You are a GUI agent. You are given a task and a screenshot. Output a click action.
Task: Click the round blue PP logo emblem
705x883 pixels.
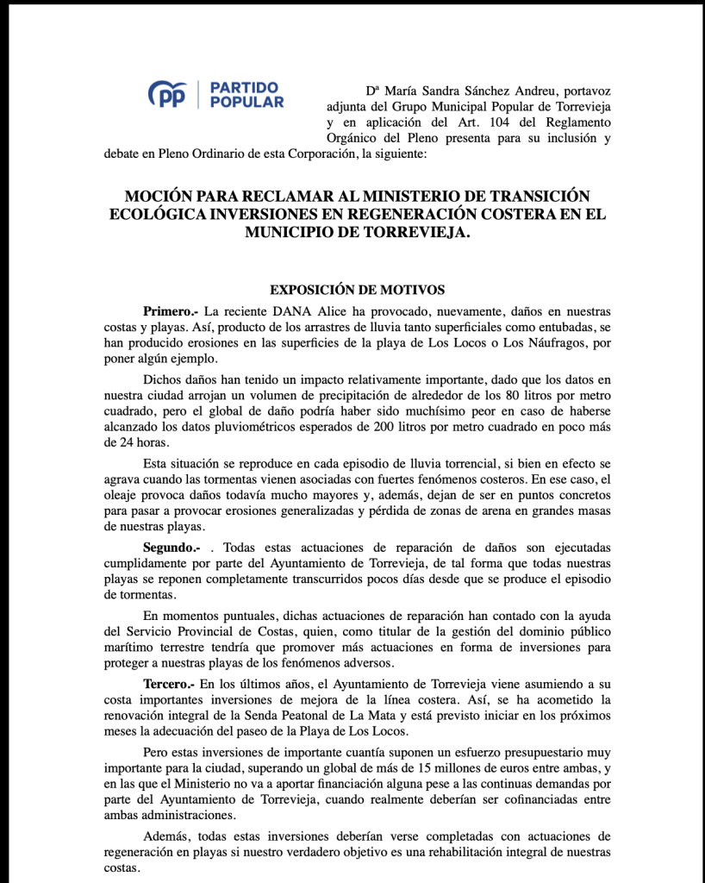(167, 94)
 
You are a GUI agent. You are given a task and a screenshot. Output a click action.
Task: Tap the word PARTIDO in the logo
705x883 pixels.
(245, 87)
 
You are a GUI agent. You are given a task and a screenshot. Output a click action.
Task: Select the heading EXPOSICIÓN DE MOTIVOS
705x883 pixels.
(358, 290)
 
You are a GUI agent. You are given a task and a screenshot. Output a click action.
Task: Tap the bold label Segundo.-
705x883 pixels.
(172, 548)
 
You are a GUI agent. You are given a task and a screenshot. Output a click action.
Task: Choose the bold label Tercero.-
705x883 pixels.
(170, 683)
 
